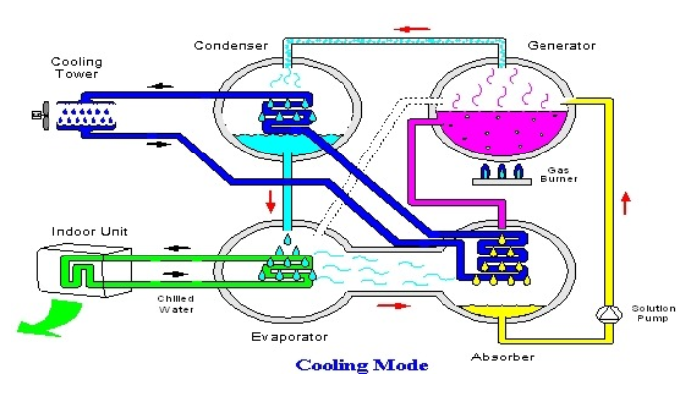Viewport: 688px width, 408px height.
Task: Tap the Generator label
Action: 561,45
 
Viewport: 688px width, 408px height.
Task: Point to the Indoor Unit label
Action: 90,232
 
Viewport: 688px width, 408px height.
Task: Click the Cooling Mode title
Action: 362,365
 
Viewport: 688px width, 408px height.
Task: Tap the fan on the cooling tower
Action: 41,116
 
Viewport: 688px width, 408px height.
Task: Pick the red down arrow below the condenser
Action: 269,204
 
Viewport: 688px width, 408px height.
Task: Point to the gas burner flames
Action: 502,172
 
